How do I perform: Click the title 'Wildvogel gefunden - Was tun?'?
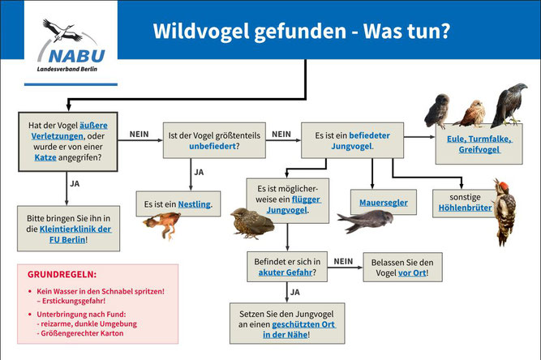(x=302, y=31)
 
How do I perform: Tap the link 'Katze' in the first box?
(x=45, y=157)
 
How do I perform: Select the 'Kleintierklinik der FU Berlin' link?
(x=75, y=234)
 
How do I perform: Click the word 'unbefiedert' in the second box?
(x=213, y=146)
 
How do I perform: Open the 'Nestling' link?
(x=194, y=204)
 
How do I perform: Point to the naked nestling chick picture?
(x=162, y=225)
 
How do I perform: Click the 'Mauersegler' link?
(x=384, y=203)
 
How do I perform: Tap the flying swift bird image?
(x=365, y=221)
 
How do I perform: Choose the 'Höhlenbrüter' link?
(x=465, y=208)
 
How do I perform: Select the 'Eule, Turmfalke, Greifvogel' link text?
(x=479, y=144)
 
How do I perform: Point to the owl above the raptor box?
(x=438, y=111)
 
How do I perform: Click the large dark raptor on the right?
(x=509, y=105)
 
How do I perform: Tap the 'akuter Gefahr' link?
(x=286, y=272)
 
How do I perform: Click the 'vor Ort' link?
(x=412, y=273)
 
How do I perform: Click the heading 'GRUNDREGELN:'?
(x=62, y=275)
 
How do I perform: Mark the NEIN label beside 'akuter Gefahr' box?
(x=343, y=261)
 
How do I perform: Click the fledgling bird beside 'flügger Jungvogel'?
(x=252, y=223)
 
